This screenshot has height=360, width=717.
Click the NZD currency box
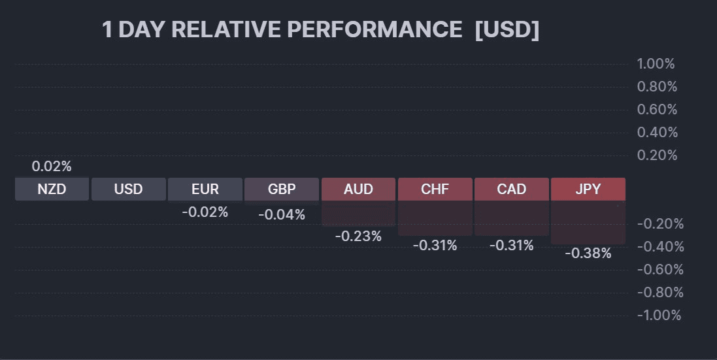coord(52,189)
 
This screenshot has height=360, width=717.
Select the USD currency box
coord(128,189)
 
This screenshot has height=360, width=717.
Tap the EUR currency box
coord(205,189)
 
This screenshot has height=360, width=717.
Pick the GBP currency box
coord(282,189)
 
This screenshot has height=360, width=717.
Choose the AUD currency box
coord(358,189)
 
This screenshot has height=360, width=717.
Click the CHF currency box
coord(435,189)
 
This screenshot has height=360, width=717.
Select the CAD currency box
coord(511,189)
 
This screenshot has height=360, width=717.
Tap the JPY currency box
coord(588,189)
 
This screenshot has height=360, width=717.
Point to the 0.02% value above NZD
coord(52,167)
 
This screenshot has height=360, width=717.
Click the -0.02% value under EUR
coord(205,212)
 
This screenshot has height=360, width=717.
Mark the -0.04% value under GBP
coord(282,214)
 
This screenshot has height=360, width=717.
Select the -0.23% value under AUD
coord(358,237)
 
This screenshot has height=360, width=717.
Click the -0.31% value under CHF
coord(435,246)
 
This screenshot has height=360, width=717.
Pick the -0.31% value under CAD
coord(511,246)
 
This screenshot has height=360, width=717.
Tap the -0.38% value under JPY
coord(588,254)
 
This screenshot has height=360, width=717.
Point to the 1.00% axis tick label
coord(656,64)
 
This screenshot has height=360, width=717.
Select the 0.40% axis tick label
coord(657,133)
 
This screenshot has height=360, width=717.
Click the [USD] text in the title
coord(507,30)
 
